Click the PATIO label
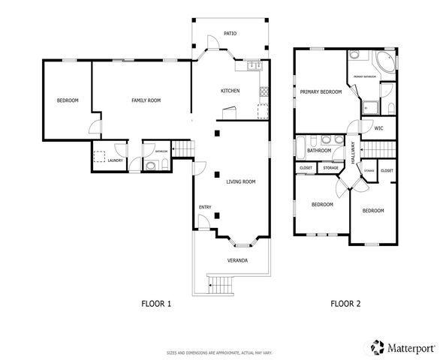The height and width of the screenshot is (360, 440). coord(231,34)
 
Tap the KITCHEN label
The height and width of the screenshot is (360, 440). coord(230,91)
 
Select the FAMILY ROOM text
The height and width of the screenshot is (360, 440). coord(146,100)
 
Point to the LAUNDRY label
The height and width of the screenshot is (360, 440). coord(115,160)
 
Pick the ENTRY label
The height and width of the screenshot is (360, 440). coord(204,208)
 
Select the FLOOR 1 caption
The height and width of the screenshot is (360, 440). coord(157,304)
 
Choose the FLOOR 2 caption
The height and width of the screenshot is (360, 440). coord(346,304)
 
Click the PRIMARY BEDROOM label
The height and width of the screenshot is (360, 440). coord(321,92)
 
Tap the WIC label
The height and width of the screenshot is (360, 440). coord(378,128)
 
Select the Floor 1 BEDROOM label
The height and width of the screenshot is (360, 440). coord(68,100)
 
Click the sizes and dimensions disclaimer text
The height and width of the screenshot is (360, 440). coord(219,352)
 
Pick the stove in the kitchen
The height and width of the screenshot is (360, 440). coord(263,93)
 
